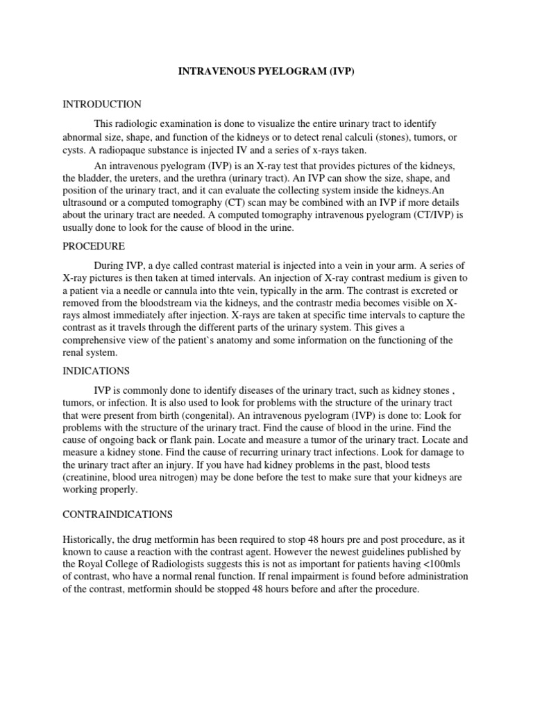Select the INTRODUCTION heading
(x=102, y=104)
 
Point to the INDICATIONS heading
(x=96, y=371)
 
